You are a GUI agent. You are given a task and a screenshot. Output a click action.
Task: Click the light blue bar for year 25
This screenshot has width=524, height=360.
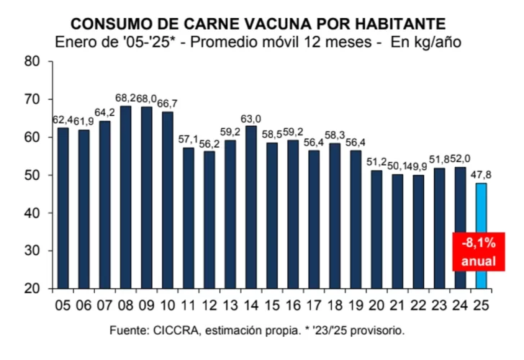click(480, 235)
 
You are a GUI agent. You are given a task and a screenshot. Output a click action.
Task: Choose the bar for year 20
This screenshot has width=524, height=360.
click(376, 229)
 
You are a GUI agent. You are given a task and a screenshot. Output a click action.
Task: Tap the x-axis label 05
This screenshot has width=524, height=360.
click(63, 305)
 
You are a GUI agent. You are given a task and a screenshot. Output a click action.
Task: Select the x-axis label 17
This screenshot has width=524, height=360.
click(313, 305)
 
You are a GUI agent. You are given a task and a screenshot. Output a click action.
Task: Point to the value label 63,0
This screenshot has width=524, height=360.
click(251, 117)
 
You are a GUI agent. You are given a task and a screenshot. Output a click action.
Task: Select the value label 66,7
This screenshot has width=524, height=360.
click(167, 104)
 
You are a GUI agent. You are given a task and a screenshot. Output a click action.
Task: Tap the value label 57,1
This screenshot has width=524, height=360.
click(188, 139)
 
